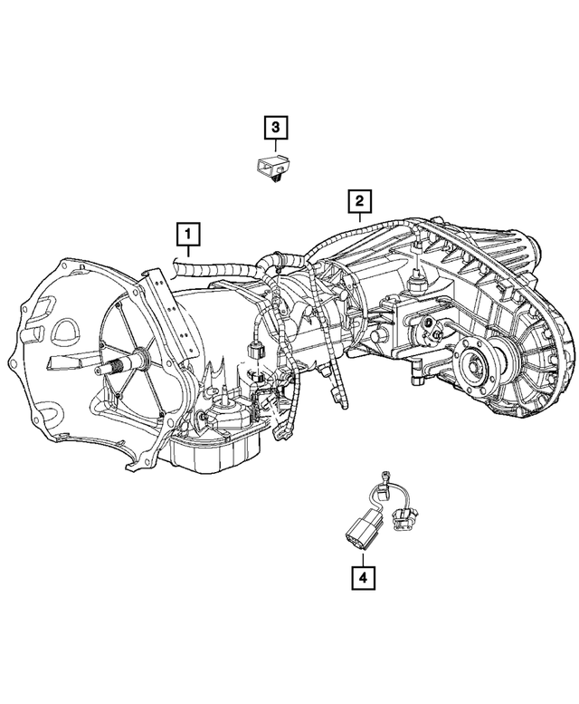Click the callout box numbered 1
tap(187, 236)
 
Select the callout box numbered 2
tap(359, 200)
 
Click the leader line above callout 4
tap(362, 555)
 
